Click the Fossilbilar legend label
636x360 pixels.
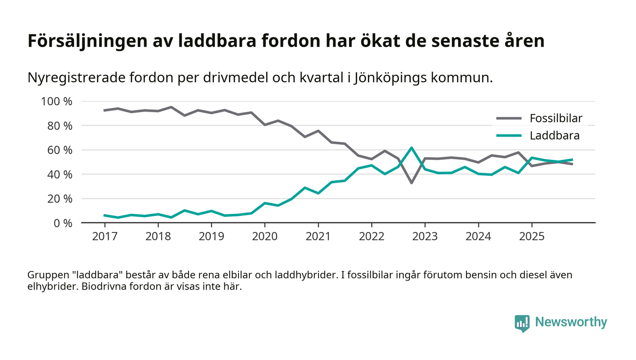556,119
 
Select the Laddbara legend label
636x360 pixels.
554,135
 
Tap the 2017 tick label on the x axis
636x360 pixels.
104,237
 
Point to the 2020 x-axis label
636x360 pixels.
265,237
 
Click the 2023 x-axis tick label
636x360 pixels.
425,237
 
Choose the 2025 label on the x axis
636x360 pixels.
532,237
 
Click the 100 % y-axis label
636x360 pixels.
57,101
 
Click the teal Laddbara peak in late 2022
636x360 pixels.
412,148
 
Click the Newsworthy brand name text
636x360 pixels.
571,322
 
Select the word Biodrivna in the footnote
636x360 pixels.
102,287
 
